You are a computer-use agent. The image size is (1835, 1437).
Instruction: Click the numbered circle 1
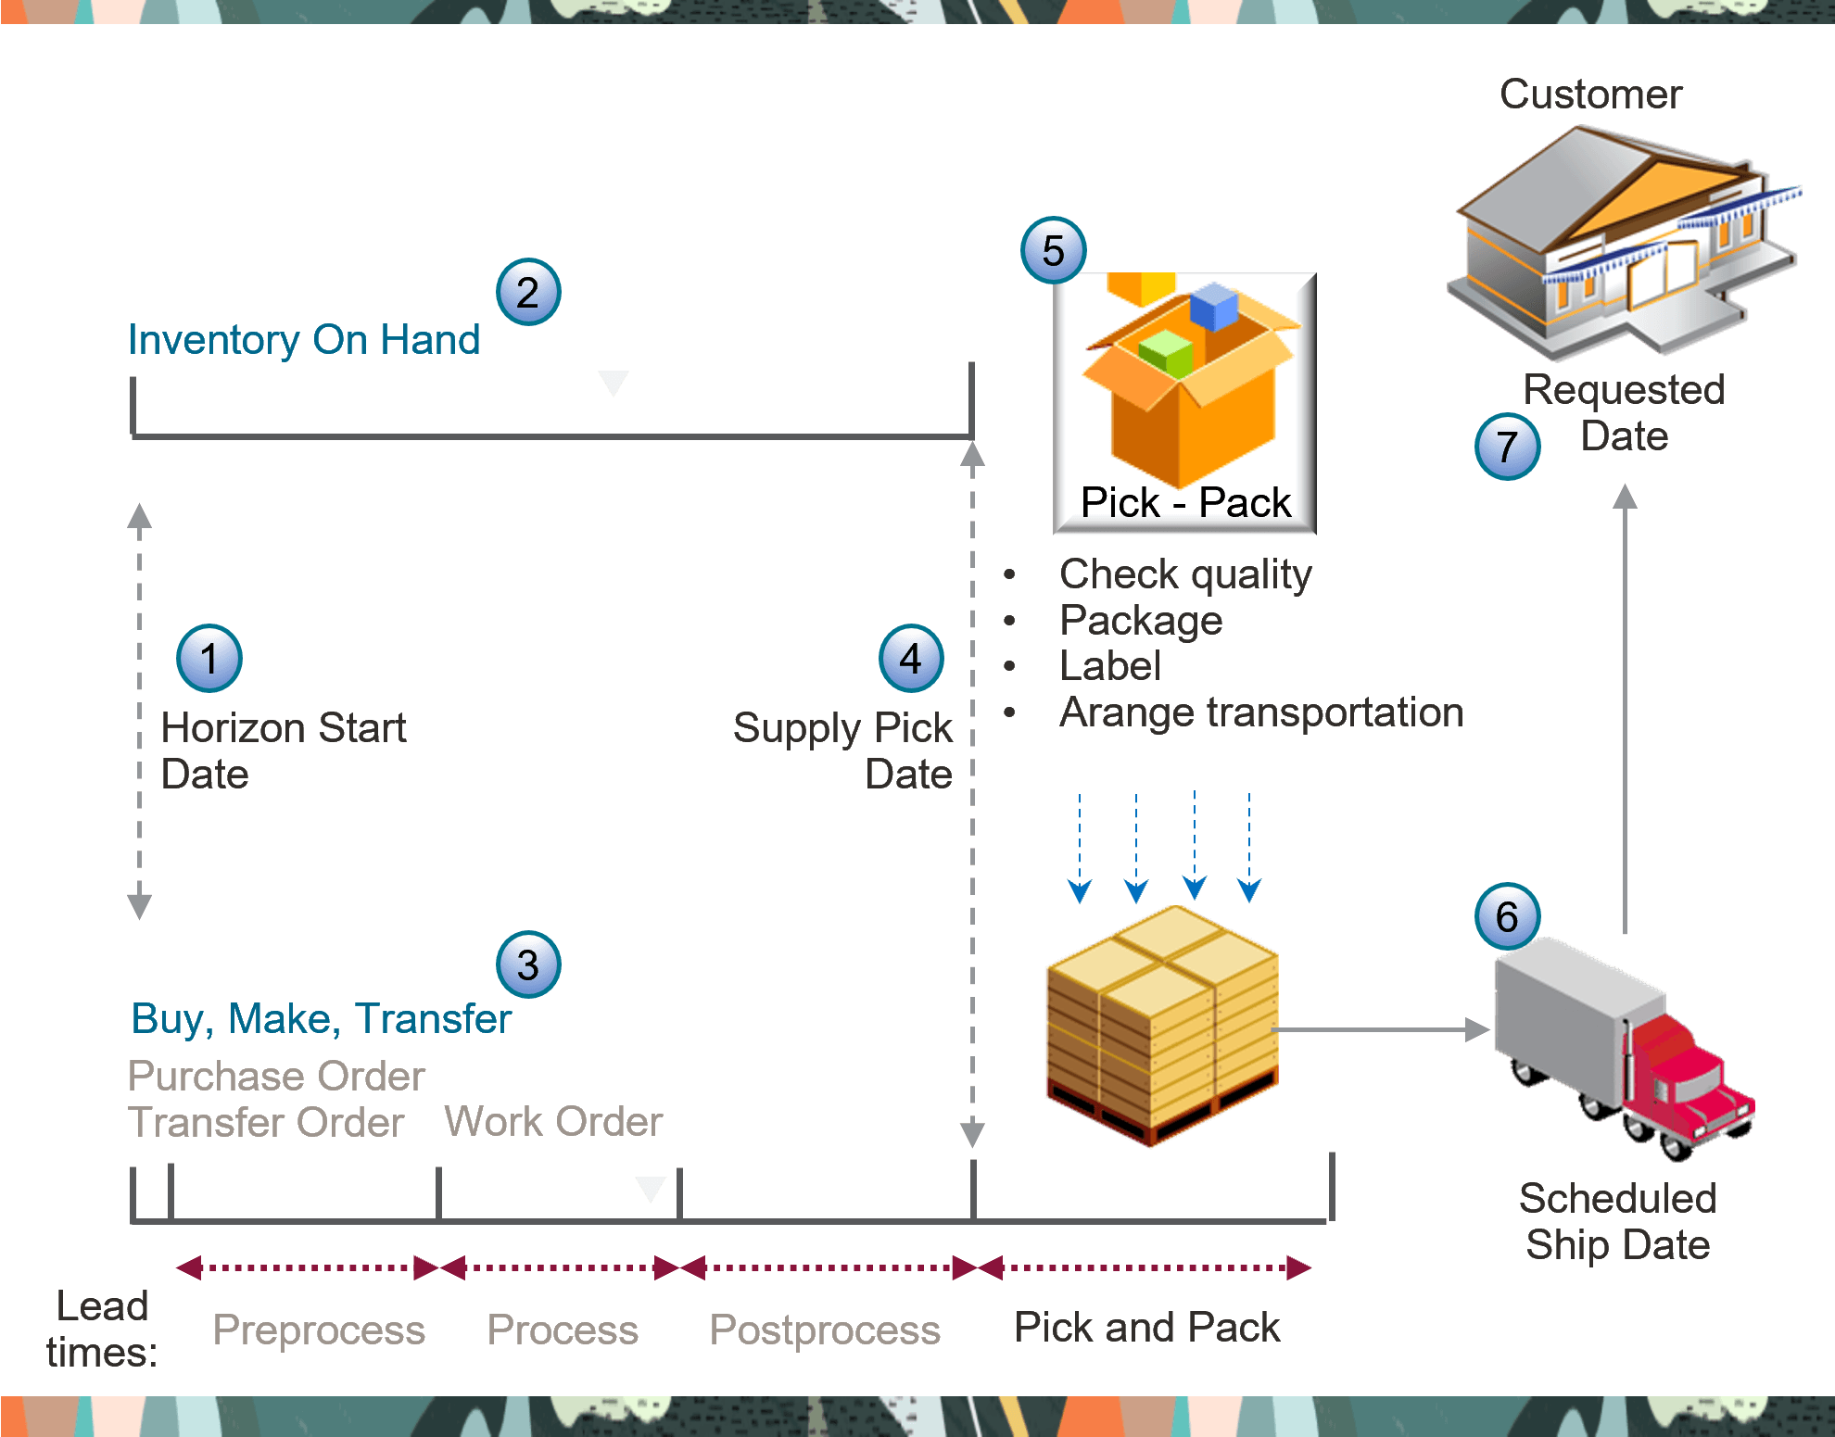pos(209,659)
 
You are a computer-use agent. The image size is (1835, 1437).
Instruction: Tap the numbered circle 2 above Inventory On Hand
pos(528,293)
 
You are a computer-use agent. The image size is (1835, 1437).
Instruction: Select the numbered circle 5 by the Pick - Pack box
pos(1054,251)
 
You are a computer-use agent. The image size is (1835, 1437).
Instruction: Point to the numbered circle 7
pos(1507,447)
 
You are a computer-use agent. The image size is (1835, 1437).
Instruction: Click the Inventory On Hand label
pos(304,340)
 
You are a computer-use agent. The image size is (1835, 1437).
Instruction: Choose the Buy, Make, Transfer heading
pos(321,1018)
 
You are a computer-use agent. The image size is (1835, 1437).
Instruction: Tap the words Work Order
pos(553,1122)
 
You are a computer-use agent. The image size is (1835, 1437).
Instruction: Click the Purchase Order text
pos(276,1077)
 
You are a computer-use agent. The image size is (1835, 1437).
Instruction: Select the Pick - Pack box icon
pos(1184,403)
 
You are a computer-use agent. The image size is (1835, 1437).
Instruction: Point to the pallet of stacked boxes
pos(1162,1025)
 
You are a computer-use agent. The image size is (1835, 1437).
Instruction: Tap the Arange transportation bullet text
pos(1260,712)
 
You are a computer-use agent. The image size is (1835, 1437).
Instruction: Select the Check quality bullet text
pos(1185,574)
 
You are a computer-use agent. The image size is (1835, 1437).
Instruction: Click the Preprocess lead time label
pos(319,1330)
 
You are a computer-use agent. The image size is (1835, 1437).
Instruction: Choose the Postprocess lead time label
pos(825,1330)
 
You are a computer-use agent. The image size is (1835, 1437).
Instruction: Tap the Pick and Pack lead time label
pos(1146,1328)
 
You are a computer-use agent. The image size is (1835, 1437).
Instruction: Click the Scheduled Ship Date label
pos(1617,1221)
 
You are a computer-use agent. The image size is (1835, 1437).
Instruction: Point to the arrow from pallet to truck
pos(1381,1029)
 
